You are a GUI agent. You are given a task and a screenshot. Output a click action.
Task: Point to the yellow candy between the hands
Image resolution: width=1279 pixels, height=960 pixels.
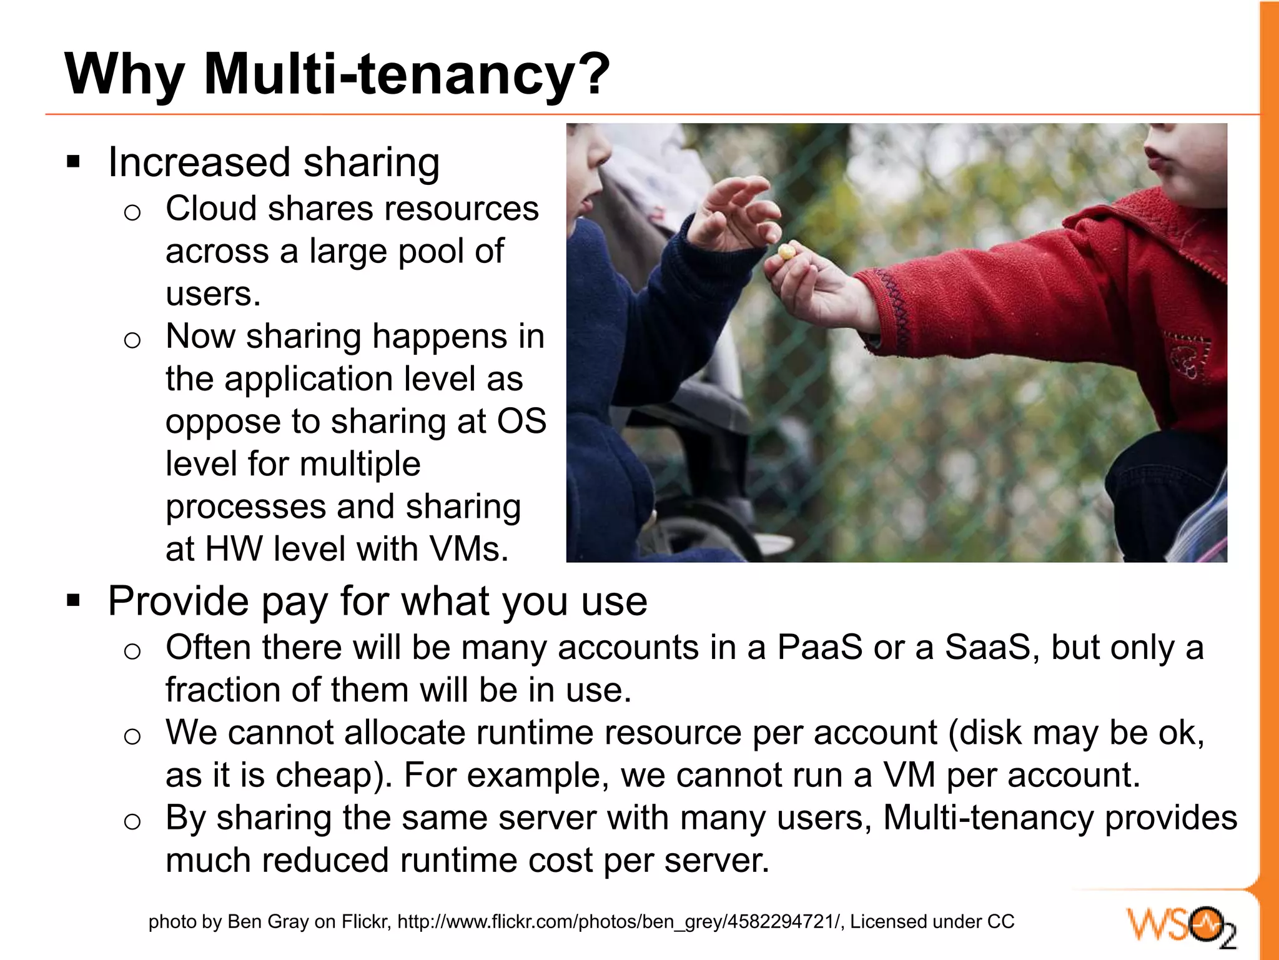click(x=786, y=252)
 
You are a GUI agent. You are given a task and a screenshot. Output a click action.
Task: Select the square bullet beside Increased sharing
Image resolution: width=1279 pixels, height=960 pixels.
click(x=74, y=162)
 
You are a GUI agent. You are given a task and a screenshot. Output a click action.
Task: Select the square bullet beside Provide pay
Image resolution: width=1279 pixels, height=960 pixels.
click(x=74, y=601)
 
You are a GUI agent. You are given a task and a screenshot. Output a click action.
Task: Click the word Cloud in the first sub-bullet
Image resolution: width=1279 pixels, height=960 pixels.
click(x=210, y=209)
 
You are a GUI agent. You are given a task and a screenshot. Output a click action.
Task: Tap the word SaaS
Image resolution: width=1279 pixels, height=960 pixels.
click(x=987, y=648)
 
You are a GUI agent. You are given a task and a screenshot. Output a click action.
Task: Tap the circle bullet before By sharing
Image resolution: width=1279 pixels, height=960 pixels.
click(x=132, y=821)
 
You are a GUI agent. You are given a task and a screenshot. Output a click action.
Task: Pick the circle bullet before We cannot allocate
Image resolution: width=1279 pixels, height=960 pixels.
click(x=132, y=736)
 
